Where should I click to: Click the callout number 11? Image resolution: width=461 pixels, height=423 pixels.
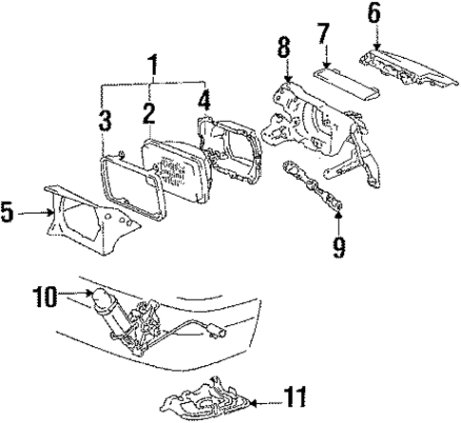(302, 393)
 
